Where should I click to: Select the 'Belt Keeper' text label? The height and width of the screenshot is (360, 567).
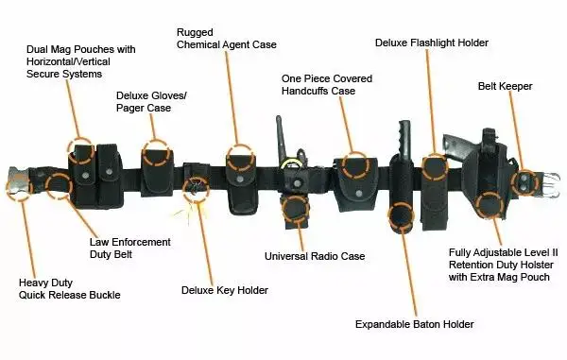point(505,86)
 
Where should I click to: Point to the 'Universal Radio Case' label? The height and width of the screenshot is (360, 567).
point(315,256)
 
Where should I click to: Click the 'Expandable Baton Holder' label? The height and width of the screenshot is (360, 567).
point(414,324)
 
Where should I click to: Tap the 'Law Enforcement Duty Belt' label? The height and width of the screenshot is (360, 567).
point(116,248)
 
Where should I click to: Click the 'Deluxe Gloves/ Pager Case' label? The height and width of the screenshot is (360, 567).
point(151,102)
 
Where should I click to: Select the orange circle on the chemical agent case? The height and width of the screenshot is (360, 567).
point(240,158)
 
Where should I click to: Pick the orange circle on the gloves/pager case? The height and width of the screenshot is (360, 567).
point(156,155)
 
